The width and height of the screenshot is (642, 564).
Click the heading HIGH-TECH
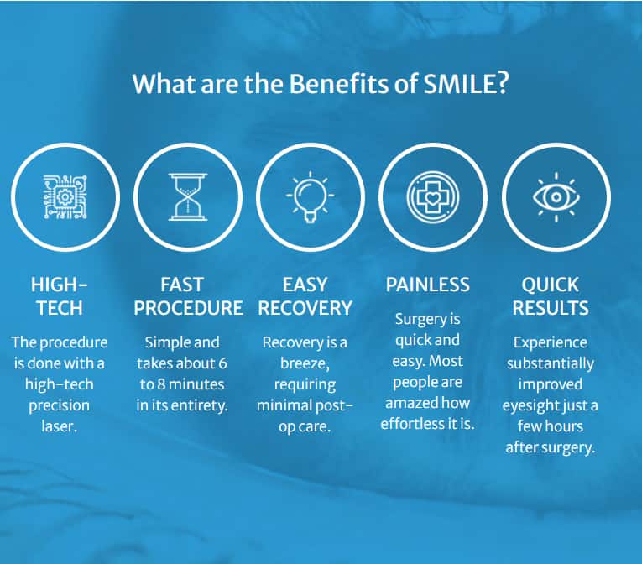pos(60,295)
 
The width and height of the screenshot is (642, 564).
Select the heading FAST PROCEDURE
pos(188,295)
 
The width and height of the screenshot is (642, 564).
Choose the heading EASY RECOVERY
pos(305,295)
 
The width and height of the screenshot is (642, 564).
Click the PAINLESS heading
pos(428,285)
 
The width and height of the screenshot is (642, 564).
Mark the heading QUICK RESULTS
pos(551,295)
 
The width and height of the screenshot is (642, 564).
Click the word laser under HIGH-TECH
pos(60,426)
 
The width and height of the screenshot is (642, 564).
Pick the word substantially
pos(551,363)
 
